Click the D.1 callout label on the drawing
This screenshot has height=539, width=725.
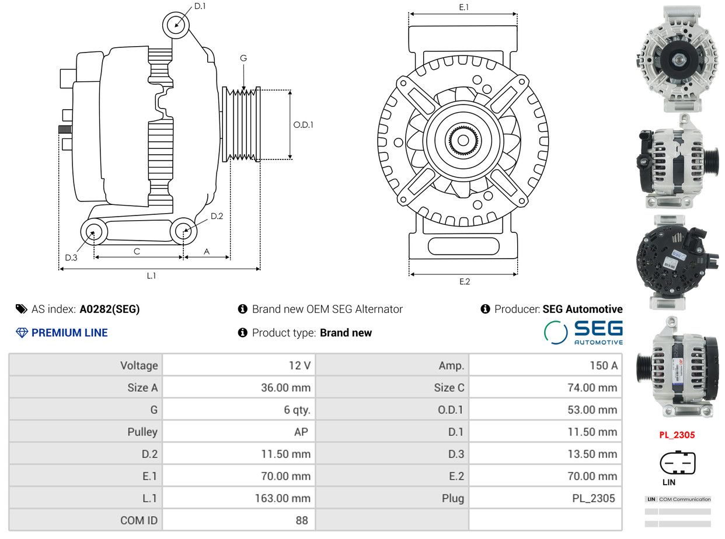pyautogui.click(x=200, y=6)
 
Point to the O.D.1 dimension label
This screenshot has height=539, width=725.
pyautogui.click(x=303, y=124)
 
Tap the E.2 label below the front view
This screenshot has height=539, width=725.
pyautogui.click(x=464, y=281)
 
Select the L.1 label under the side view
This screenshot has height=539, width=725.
pyautogui.click(x=151, y=276)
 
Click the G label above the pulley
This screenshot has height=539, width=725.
pyautogui.click(x=243, y=58)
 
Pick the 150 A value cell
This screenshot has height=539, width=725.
pyautogui.click(x=604, y=366)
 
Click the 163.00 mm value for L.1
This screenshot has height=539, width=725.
pyautogui.click(x=283, y=498)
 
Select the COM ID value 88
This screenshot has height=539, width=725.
pyautogui.click(x=302, y=520)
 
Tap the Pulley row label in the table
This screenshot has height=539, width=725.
pyautogui.click(x=142, y=432)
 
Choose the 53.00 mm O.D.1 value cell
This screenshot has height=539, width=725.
pyautogui.click(x=592, y=409)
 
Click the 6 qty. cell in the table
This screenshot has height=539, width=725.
pyautogui.click(x=297, y=410)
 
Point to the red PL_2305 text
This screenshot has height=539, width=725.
pyautogui.click(x=677, y=435)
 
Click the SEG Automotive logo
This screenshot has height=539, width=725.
pyautogui.click(x=584, y=333)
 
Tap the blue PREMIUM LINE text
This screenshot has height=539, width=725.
pyautogui.click(x=69, y=333)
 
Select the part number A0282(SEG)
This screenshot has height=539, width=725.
pyautogui.click(x=110, y=309)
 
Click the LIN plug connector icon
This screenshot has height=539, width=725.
pyautogui.click(x=677, y=463)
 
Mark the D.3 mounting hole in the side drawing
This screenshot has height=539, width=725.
pyautogui.click(x=94, y=232)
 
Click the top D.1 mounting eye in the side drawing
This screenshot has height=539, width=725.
pyautogui.click(x=176, y=25)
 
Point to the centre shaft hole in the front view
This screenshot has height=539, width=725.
pyautogui.click(x=463, y=140)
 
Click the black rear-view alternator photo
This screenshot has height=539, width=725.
pyautogui.click(x=677, y=263)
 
